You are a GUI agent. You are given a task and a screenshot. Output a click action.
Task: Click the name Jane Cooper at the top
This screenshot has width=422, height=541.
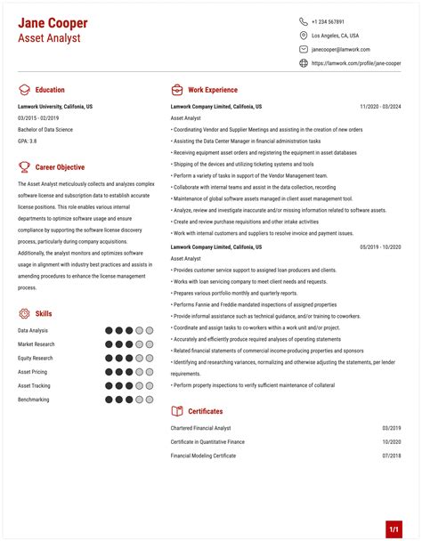point(54,21)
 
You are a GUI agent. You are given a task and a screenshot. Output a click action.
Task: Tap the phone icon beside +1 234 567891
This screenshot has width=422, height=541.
point(304,21)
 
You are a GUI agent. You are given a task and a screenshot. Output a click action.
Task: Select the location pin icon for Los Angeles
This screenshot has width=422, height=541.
point(304,36)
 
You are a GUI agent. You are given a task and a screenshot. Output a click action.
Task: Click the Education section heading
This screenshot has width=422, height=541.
point(50,90)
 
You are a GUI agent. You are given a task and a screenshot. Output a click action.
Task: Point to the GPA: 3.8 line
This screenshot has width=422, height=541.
point(28,141)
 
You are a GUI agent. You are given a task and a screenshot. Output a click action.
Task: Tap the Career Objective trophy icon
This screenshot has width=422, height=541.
point(23,166)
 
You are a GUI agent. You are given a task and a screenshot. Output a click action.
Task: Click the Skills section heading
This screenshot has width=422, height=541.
point(44,314)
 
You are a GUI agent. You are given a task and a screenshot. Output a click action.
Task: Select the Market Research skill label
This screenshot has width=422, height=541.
point(37,344)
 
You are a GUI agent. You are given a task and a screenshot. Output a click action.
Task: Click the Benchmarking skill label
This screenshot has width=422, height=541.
point(34,400)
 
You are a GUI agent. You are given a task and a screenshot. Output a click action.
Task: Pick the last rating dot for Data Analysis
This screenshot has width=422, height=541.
point(150,330)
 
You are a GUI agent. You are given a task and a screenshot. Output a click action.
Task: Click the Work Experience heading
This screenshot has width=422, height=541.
point(213,90)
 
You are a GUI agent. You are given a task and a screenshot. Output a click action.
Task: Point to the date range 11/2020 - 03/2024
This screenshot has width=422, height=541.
point(380,106)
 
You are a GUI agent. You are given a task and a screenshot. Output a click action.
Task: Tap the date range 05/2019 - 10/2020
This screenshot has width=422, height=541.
point(380,246)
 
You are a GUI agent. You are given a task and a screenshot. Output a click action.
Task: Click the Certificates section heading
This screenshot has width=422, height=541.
point(206,411)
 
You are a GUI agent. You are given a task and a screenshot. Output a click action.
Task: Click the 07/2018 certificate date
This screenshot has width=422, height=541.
point(392,456)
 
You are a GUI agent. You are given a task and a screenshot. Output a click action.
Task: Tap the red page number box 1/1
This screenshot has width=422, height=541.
point(394,529)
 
